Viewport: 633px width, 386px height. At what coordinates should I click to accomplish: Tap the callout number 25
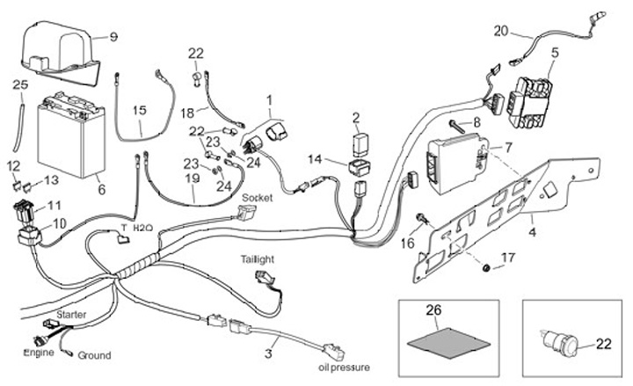pos(20,84)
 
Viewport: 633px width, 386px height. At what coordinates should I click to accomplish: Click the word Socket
pos(257,198)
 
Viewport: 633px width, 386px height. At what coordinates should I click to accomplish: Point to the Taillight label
pos(260,259)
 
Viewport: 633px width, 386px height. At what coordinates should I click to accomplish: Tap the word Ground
pos(94,355)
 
